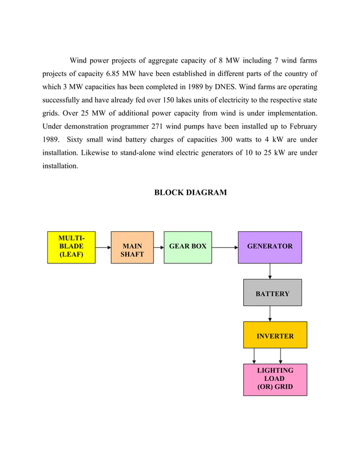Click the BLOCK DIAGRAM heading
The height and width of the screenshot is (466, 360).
pos(190,192)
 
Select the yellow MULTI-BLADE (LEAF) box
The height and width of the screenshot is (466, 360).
pos(71,247)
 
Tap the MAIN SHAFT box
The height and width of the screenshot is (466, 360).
pos(132,248)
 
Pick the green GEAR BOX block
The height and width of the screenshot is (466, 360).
pos(188,247)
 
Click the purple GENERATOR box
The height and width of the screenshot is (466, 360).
pos(270,247)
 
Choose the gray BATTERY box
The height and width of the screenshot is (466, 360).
pos(272,293)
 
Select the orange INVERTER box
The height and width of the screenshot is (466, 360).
pos(275,335)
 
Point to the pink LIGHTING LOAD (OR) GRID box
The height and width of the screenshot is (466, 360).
pos(275,379)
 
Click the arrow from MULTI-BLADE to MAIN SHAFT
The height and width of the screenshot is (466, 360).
pos(103,247)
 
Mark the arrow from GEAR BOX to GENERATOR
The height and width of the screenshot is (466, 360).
pos(225,247)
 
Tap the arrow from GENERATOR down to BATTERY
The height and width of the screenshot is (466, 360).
pos(270,271)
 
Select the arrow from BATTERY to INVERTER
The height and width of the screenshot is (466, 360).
pos(270,314)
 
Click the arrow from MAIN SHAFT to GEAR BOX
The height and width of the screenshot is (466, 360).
pos(159,247)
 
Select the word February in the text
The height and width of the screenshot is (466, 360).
pos(300,126)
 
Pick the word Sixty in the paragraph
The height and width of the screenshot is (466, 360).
pos(76,139)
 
